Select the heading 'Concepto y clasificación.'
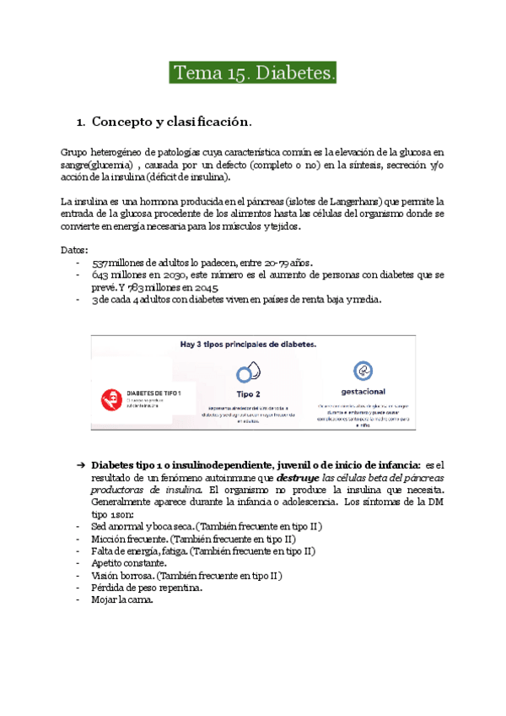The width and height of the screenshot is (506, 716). (172, 122)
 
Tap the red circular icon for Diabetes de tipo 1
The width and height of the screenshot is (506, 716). (109, 399)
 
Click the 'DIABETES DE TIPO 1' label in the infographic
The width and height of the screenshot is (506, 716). (158, 393)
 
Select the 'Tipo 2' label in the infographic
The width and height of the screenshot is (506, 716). (248, 393)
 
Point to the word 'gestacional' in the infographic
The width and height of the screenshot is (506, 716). (364, 393)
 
